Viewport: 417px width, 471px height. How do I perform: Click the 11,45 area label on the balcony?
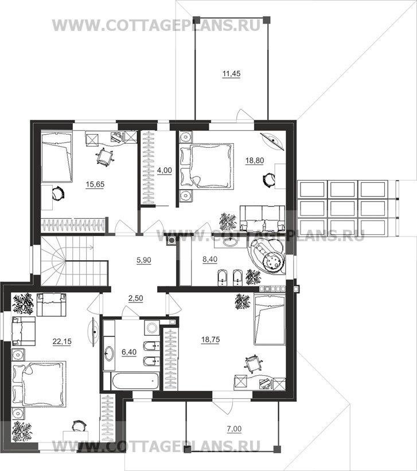click(x=231, y=73)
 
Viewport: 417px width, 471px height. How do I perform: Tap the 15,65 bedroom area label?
click(x=95, y=184)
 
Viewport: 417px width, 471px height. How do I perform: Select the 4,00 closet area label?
click(x=165, y=170)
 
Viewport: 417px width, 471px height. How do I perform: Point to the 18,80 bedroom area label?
click(x=255, y=160)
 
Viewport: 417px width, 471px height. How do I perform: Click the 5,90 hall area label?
click(x=144, y=260)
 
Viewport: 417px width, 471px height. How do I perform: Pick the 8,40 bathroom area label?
click(x=210, y=259)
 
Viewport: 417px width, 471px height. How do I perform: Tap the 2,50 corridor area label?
click(x=135, y=299)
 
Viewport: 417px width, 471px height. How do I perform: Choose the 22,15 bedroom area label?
click(x=62, y=342)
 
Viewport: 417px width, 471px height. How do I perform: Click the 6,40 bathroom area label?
click(x=129, y=352)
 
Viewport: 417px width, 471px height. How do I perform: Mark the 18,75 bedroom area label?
click(x=211, y=339)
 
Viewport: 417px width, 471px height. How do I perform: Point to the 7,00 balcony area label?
click(x=234, y=429)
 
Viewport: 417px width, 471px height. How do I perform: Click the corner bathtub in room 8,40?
click(x=266, y=256)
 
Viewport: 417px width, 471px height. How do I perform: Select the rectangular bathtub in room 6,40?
click(x=135, y=380)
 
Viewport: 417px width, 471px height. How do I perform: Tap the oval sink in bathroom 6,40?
click(x=109, y=354)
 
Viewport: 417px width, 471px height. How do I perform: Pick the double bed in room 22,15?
click(x=39, y=384)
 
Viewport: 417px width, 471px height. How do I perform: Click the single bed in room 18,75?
click(x=270, y=320)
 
